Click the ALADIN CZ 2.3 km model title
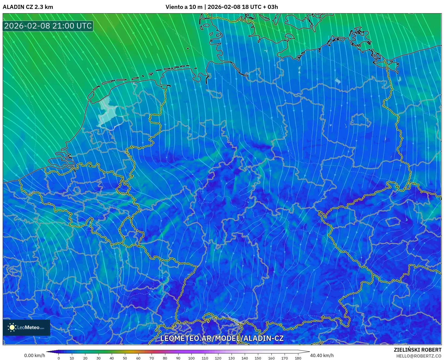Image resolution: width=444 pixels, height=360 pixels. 28,7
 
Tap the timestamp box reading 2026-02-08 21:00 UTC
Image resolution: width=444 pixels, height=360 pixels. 48,26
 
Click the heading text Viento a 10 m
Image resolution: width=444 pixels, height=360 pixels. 184,7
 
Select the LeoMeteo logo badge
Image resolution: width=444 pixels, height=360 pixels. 26,327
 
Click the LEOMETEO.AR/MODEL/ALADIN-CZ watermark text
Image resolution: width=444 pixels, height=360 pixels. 222,338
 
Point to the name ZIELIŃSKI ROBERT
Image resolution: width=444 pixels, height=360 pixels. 418,350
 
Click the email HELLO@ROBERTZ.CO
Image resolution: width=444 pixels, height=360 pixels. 419,356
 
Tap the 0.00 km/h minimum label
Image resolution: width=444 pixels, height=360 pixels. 34,355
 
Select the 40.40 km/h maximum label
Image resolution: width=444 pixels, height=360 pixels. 322,355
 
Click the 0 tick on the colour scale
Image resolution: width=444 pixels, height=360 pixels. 59,358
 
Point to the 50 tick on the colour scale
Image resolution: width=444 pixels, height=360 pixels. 125,358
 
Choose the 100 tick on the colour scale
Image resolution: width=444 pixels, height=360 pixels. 191,358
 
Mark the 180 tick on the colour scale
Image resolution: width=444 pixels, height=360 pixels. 298,358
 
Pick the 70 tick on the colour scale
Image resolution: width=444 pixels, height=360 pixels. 152,358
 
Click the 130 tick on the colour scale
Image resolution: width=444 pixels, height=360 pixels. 231,358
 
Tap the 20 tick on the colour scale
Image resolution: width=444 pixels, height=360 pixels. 85,358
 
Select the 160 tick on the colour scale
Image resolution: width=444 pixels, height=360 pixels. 271,358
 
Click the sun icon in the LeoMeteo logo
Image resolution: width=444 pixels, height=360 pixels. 12,327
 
